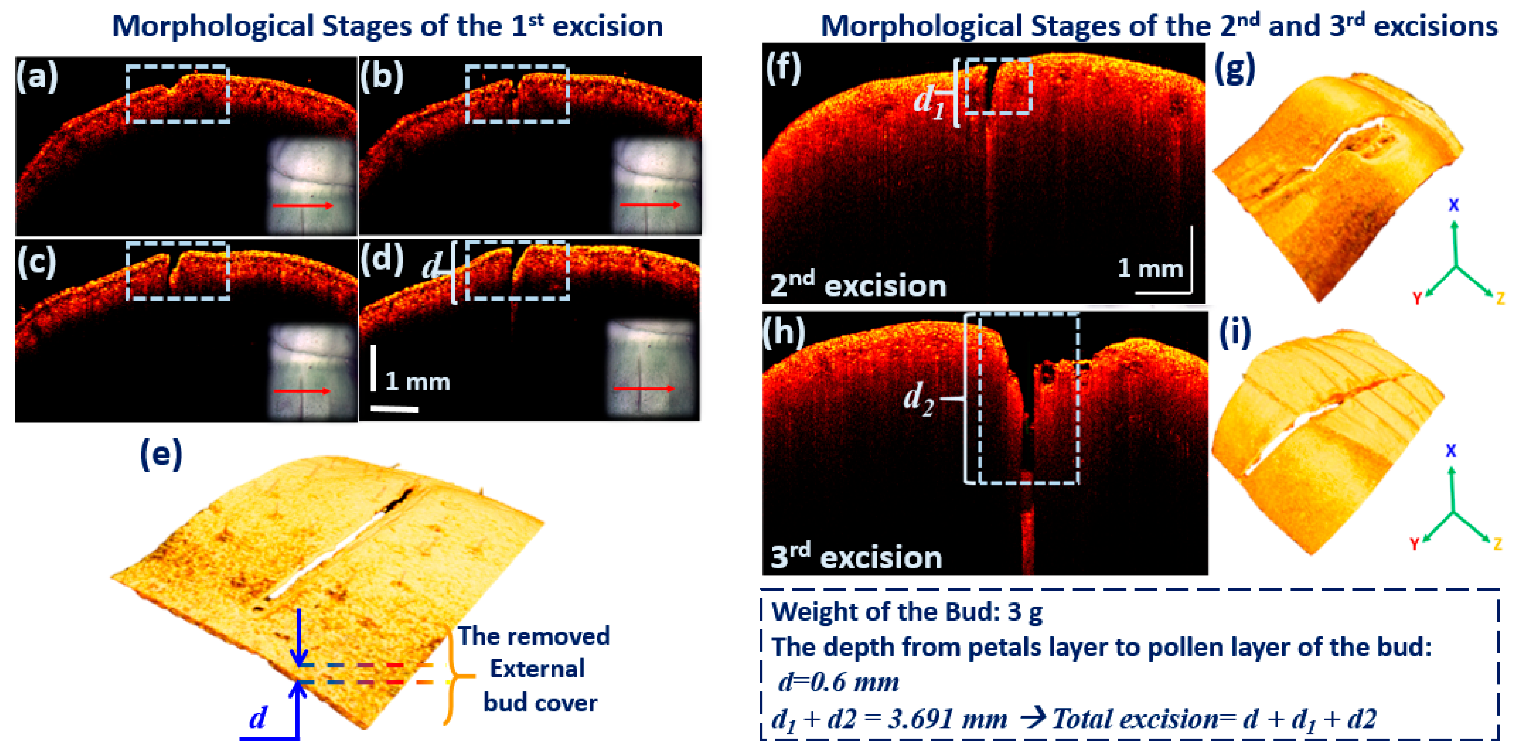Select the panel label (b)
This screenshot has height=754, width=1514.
381,76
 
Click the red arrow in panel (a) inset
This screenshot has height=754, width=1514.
303,205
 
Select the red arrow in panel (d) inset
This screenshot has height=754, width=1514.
644,388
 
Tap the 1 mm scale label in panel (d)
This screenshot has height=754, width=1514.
417,382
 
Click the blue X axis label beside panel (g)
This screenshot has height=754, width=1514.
1454,205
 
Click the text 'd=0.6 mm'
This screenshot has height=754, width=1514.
838,682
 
